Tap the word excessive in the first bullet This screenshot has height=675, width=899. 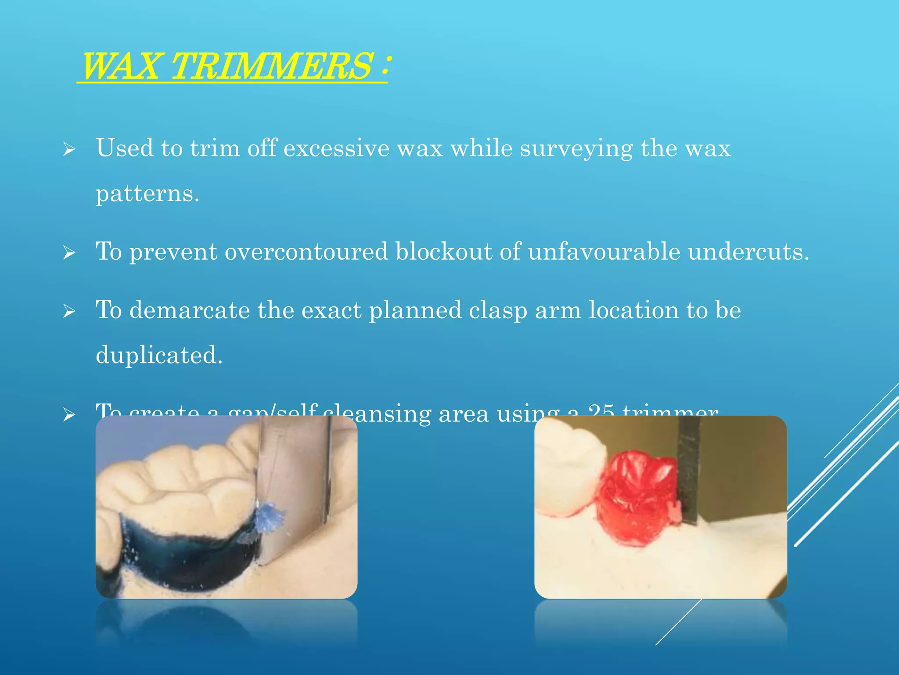(x=336, y=148)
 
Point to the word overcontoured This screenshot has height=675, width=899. (x=306, y=251)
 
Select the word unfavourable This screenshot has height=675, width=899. (x=604, y=251)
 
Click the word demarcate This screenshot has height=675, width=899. (x=190, y=310)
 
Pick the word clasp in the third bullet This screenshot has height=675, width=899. (x=498, y=311)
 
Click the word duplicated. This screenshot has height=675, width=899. (x=159, y=355)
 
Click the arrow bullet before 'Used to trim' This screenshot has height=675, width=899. (x=69, y=149)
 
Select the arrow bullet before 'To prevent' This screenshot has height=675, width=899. (x=69, y=253)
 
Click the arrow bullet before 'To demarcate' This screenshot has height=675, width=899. (x=69, y=312)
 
